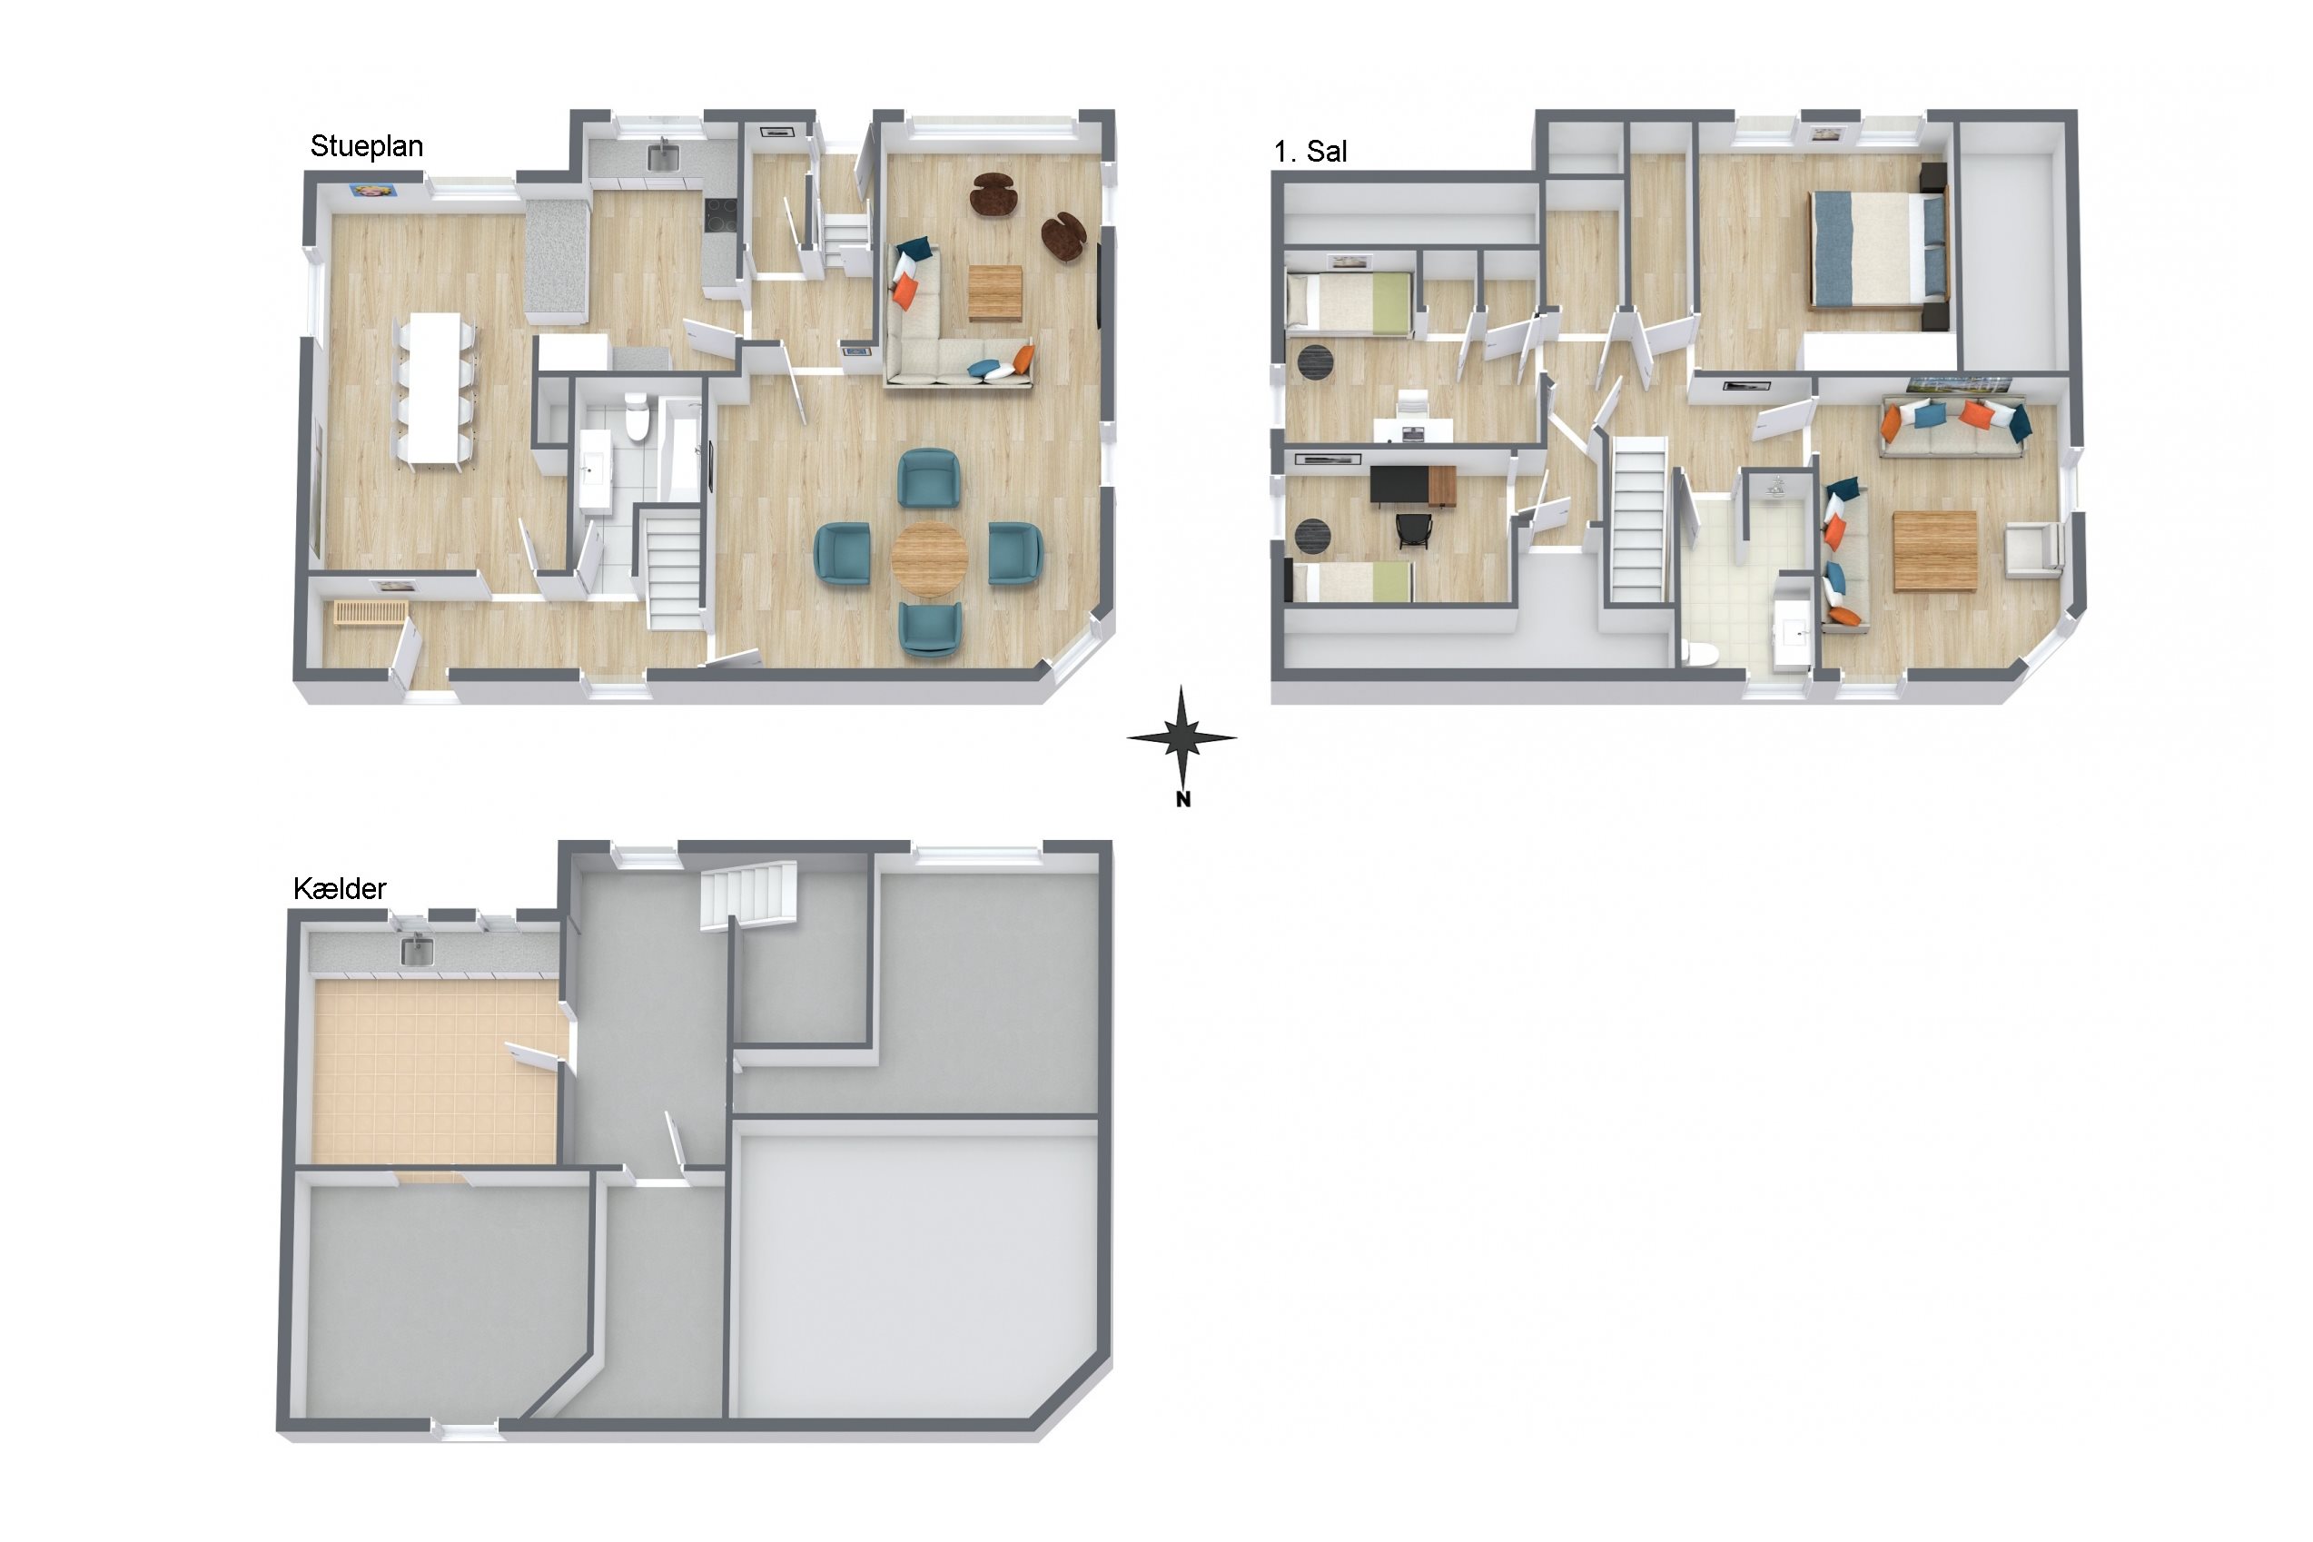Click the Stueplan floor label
367,146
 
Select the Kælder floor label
341,889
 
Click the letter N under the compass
1183,799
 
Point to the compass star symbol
1182,736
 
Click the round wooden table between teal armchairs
929,558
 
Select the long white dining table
435,388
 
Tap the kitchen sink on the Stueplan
662,155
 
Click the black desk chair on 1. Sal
1413,530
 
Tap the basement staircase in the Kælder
748,895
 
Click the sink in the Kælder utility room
417,951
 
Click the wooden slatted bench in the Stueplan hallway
370,613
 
